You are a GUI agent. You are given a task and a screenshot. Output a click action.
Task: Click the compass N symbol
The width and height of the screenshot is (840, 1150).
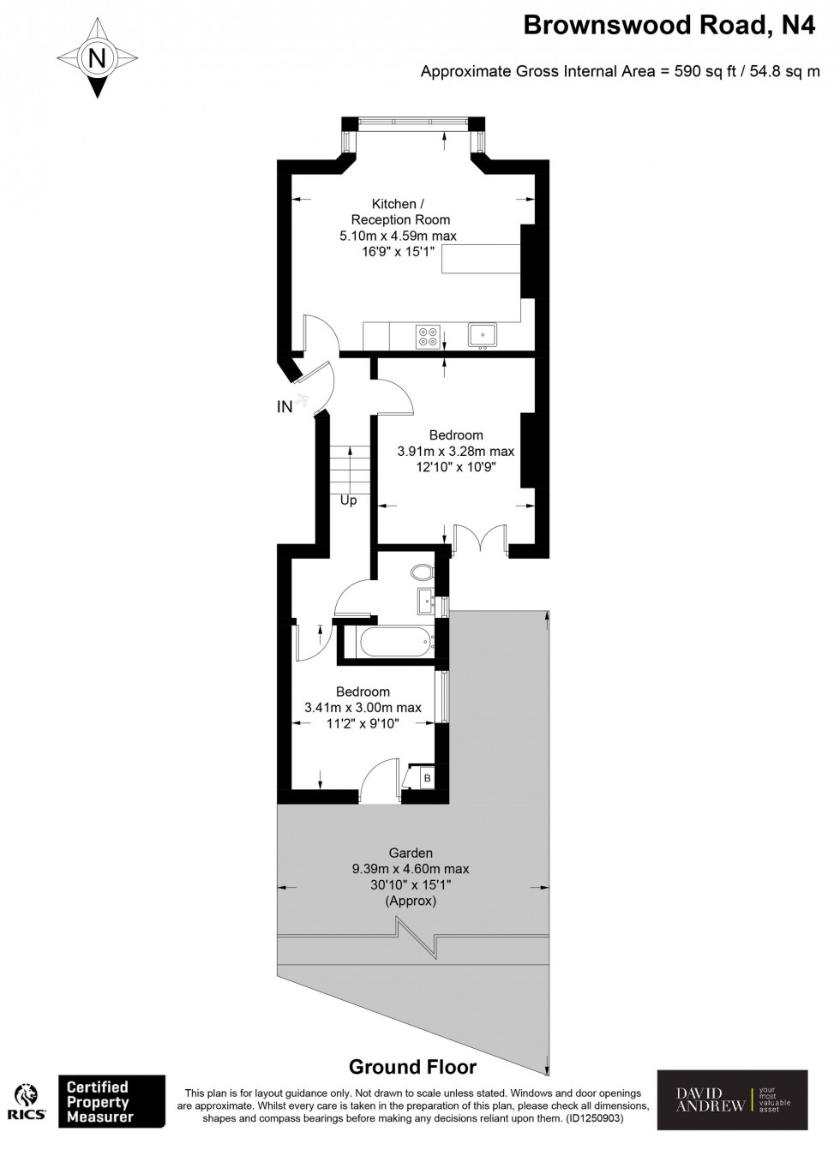[x=98, y=58]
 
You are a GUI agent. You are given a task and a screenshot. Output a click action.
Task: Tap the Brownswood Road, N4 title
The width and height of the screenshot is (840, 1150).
[x=669, y=27]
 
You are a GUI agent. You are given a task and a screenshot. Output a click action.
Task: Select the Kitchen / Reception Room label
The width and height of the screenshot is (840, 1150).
[x=399, y=212]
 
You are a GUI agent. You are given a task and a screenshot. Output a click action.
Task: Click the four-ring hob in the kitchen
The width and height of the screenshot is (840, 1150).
[x=428, y=336]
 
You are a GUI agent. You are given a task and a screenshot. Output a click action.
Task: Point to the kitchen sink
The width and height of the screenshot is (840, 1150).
[x=483, y=335]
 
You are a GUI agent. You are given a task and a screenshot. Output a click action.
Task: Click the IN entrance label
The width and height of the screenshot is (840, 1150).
[x=285, y=407]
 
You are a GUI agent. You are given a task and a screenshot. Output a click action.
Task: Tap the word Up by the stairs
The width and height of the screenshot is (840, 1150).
[x=348, y=500]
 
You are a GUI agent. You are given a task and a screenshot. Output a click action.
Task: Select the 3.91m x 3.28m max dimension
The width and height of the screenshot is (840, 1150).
[x=455, y=451]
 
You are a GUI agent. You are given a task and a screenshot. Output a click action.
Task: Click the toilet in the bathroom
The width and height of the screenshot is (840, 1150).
[x=421, y=572]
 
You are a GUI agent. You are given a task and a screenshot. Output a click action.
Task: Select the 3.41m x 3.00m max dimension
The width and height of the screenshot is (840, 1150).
[x=363, y=708]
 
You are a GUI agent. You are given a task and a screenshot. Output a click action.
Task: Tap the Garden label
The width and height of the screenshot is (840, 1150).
[x=411, y=853]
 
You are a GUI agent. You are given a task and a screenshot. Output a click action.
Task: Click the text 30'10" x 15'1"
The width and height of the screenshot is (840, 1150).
[x=411, y=885]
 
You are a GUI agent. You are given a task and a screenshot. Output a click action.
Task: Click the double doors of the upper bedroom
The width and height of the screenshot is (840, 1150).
[x=480, y=540]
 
